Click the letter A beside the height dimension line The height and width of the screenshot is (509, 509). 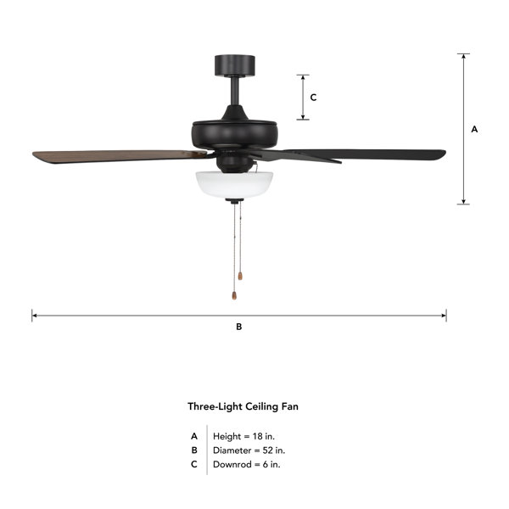pos(474,129)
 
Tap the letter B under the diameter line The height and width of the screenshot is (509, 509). pos(239,327)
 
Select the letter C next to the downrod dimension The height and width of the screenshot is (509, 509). pos(313,98)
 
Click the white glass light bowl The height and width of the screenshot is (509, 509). pos(234,185)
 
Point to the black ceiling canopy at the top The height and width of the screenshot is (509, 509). pos(235,65)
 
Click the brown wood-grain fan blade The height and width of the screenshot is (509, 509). pos(119,156)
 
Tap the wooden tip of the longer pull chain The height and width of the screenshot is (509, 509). pos(234,295)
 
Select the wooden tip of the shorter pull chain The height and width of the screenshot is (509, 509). pos(240,276)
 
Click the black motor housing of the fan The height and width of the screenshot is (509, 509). pos(234,134)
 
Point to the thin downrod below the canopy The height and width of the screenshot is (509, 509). pos(235,91)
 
